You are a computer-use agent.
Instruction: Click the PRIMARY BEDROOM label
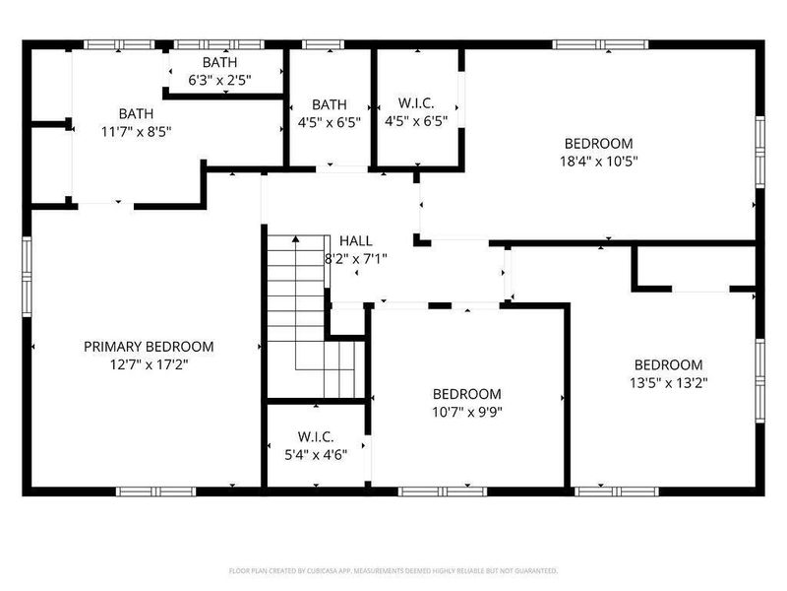point(149,347)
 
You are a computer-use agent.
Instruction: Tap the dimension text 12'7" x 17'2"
point(149,364)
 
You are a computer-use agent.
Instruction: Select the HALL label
point(355,241)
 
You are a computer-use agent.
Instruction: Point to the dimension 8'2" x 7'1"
point(355,259)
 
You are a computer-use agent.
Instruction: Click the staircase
point(305,315)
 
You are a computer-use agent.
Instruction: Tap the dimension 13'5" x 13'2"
point(669,382)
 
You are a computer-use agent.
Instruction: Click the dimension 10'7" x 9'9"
point(467,412)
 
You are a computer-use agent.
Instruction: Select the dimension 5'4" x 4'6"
point(316,454)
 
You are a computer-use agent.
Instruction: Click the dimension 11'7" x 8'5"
point(137,130)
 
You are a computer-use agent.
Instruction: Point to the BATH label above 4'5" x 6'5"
point(330,104)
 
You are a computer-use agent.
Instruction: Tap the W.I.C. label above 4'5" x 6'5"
point(416,104)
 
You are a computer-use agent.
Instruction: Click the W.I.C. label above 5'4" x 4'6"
point(316,436)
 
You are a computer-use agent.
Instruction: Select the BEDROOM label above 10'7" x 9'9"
point(467,394)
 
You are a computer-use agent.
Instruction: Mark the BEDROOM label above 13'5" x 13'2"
point(669,364)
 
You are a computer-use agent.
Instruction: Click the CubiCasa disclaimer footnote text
point(393,570)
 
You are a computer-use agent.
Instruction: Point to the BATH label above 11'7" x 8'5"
point(137,112)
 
